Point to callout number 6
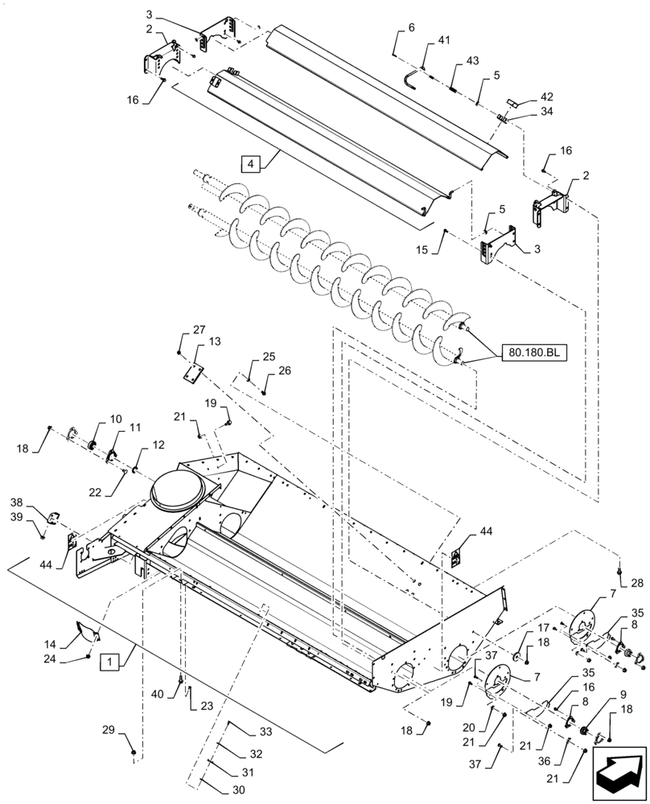point(411,28)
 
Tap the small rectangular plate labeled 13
point(193,372)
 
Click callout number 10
point(116,419)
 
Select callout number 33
point(266,732)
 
